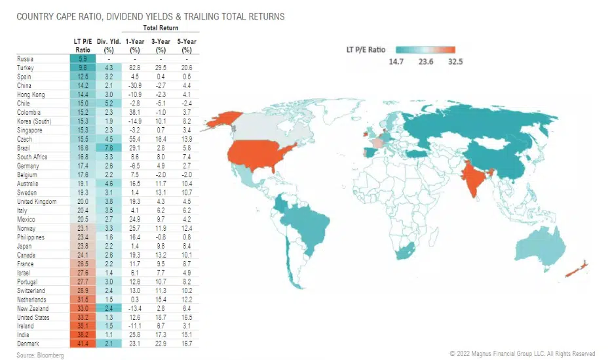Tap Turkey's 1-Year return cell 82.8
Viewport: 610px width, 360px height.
135,68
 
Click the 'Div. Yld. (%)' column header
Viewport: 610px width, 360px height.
106,46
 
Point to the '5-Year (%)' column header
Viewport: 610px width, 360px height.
187,46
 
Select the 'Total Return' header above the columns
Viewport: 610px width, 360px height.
160,29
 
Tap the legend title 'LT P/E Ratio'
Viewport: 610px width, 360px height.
366,49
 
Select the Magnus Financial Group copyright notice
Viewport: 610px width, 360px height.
523,353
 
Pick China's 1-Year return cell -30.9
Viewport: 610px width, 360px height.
135,85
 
